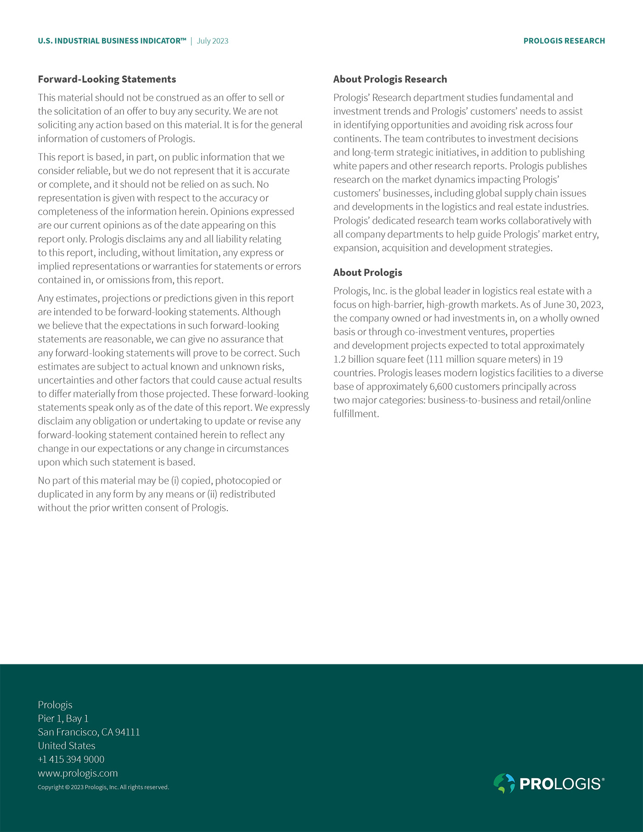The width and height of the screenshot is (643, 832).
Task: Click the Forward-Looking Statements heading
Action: [107, 79]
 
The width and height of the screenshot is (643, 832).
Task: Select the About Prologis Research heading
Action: [390, 79]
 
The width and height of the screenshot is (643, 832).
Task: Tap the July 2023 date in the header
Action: [212, 41]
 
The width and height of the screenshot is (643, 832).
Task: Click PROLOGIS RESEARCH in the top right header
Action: [564, 41]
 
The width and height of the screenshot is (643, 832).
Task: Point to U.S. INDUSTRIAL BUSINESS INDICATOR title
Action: [112, 41]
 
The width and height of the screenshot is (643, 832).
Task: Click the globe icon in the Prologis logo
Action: [504, 783]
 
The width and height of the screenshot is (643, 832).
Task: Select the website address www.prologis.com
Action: [78, 773]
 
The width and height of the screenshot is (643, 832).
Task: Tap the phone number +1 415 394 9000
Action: [71, 759]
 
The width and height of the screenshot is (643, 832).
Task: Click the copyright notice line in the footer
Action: [103, 787]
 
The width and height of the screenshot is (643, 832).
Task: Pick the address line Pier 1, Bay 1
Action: [63, 719]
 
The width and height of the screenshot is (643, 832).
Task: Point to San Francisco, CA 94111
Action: [89, 732]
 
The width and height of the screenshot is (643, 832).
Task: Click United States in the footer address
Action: [67, 746]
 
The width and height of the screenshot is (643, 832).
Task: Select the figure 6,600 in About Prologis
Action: [441, 387]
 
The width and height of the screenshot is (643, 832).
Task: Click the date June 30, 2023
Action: [573, 305]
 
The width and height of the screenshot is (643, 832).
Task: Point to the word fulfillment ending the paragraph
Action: [355, 414]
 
